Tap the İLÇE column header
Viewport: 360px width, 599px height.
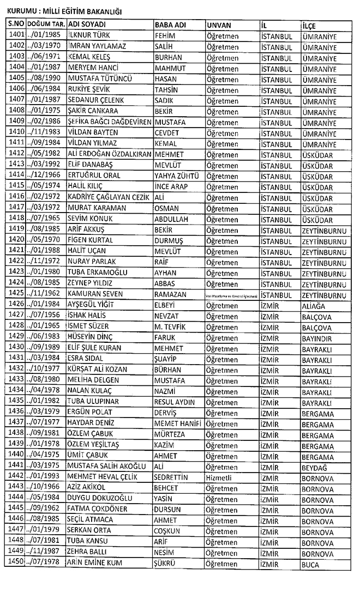[309, 26]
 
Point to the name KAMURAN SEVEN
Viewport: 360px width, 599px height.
[95, 294]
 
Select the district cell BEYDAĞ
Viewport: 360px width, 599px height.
[316, 466]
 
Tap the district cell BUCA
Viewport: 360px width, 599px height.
[310, 564]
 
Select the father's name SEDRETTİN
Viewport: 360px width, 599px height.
[172, 477]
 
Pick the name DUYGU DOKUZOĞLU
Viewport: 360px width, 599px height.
[99, 498]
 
